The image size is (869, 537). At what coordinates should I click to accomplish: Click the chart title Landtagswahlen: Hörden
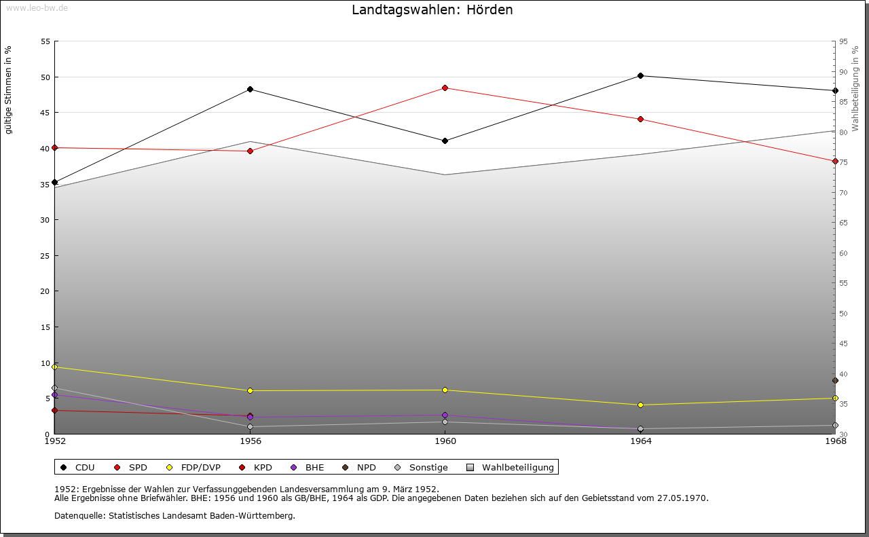[432, 10]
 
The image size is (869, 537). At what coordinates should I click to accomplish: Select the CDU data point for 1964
[640, 75]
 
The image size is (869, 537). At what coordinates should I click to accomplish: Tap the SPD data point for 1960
[445, 88]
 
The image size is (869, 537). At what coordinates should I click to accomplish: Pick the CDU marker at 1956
[250, 89]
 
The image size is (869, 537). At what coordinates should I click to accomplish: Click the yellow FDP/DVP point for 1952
[54, 367]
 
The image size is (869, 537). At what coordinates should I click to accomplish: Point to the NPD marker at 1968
[835, 380]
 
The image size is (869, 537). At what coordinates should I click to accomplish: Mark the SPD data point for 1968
[835, 161]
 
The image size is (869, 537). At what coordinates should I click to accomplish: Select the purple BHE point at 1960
[445, 415]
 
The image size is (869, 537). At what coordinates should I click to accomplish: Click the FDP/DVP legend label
[200, 467]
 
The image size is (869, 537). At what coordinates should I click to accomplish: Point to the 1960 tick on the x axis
[445, 441]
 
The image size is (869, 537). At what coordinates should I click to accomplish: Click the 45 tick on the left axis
[45, 113]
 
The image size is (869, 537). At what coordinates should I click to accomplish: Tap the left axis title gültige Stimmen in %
[8, 90]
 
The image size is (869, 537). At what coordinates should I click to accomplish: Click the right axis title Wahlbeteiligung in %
[855, 88]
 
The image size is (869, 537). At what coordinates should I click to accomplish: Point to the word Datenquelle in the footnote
[77, 515]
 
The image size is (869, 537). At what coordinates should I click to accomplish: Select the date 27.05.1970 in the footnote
[682, 498]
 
